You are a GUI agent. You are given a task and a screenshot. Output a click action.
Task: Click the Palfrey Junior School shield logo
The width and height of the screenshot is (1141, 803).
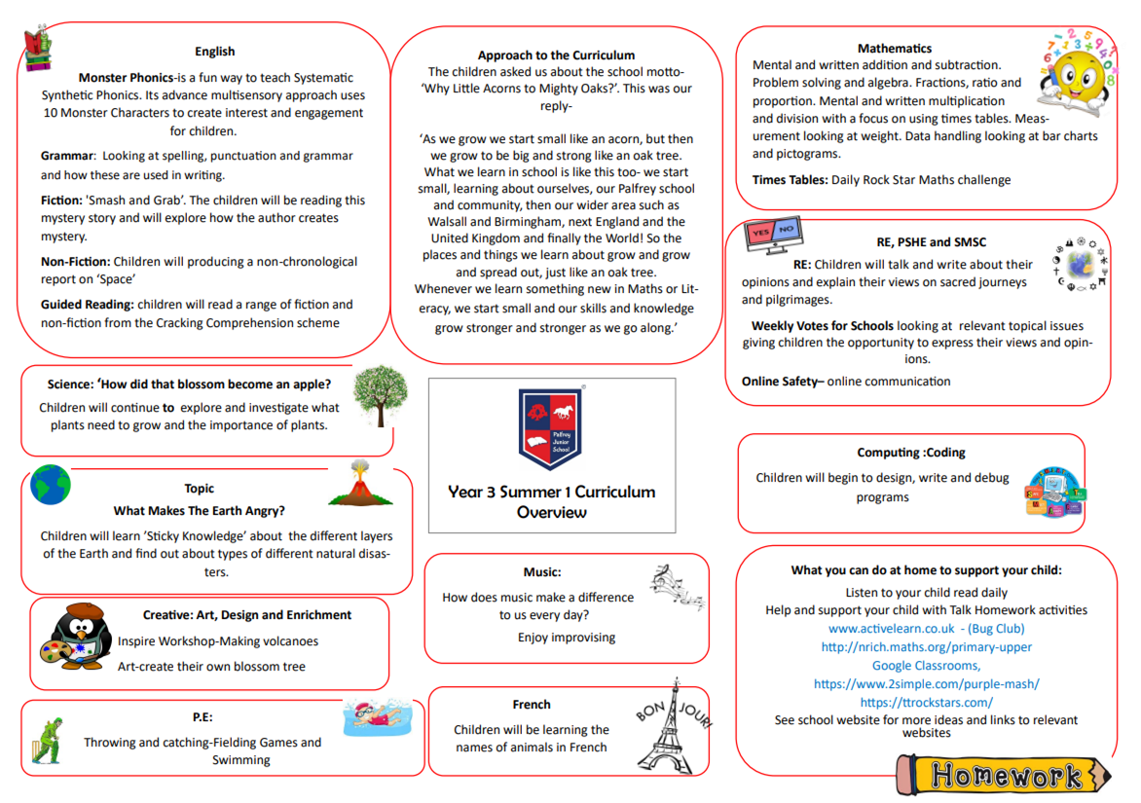click(x=551, y=429)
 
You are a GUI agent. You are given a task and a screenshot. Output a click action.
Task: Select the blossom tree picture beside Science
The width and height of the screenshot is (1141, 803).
click(x=374, y=397)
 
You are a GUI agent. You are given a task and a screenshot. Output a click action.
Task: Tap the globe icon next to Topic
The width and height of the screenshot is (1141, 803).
click(x=51, y=484)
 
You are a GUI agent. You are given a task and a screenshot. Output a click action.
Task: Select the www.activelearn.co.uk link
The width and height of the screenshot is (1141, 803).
click(x=891, y=629)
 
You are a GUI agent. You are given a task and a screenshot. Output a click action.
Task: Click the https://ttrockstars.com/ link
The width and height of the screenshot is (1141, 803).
click(x=926, y=702)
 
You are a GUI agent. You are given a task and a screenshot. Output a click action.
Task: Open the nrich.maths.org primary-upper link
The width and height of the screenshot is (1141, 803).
click(x=926, y=647)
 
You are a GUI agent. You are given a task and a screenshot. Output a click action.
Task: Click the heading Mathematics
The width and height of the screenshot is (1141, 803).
click(x=894, y=49)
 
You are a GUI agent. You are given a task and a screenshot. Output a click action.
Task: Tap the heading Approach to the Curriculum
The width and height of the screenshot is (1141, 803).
click(x=556, y=55)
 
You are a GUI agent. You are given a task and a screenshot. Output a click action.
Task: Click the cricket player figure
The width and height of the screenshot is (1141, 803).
click(x=46, y=743)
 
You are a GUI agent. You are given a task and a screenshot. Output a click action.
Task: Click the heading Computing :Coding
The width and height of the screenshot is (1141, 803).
click(x=911, y=453)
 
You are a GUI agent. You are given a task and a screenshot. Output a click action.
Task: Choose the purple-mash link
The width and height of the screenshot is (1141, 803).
click(x=926, y=684)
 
